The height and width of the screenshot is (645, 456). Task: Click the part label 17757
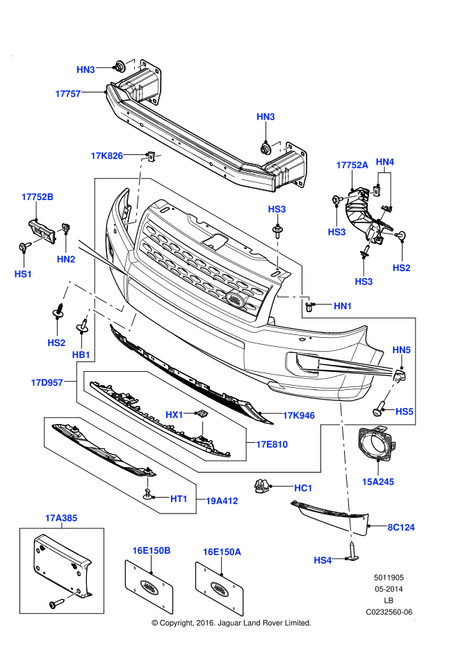tap(69, 92)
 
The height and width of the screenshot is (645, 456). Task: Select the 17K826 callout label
tap(106, 156)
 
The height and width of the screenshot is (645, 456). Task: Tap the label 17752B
tap(37, 197)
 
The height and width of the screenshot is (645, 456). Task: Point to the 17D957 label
tap(47, 382)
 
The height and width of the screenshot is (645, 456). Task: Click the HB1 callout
tap(81, 354)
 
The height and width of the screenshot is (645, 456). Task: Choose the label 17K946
tap(298, 416)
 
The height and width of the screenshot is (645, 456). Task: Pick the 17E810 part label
tap(271, 444)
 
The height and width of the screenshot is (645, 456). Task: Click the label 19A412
tap(222, 499)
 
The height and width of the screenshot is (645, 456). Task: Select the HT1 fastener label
tap(179, 498)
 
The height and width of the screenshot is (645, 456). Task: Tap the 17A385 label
tap(62, 517)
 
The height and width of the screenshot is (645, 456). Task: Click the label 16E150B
tap(152, 550)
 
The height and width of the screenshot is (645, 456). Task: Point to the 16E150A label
tap(222, 551)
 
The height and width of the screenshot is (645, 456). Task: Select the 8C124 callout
tap(401, 528)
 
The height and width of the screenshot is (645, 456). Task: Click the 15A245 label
tap(377, 480)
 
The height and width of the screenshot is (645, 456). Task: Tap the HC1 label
tap(303, 488)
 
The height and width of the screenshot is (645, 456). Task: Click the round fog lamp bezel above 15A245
tap(377, 447)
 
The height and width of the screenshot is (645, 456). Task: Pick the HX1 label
tap(174, 415)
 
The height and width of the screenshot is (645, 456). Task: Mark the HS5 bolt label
tap(405, 411)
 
